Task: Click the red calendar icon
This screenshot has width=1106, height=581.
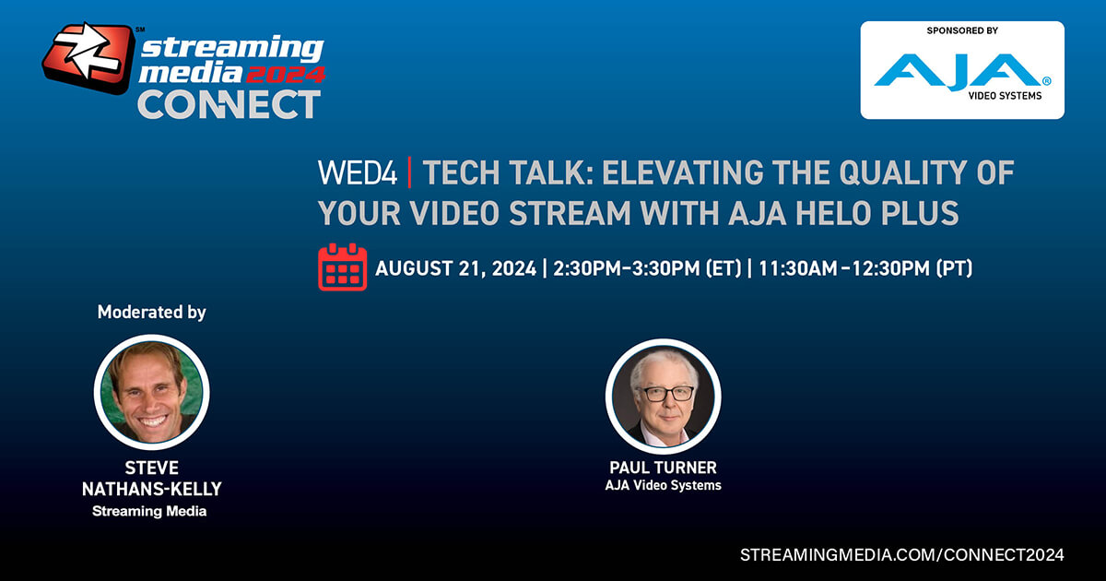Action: pos(342,267)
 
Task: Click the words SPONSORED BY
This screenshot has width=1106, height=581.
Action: pos(962,30)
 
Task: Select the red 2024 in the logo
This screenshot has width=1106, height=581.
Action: pos(286,75)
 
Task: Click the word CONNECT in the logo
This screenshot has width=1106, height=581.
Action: pos(229,104)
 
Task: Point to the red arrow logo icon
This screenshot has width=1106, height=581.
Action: pos(88,58)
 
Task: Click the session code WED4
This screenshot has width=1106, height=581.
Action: pos(358,172)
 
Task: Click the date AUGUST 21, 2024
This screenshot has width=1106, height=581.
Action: pos(455,268)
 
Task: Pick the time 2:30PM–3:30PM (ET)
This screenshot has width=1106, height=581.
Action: pos(647,268)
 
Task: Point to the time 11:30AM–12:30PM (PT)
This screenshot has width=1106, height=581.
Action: pos(865,268)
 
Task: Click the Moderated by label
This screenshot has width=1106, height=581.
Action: pos(151,313)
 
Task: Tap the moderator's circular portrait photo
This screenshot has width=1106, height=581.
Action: pos(151,392)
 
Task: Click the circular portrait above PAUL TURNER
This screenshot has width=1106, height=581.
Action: pos(663,397)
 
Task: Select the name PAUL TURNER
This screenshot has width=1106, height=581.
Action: pos(663,468)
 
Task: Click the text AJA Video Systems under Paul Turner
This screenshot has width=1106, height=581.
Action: pos(663,485)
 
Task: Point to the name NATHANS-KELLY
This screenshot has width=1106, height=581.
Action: pos(151,489)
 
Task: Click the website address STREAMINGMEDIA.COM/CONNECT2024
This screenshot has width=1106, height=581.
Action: pos(902,554)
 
